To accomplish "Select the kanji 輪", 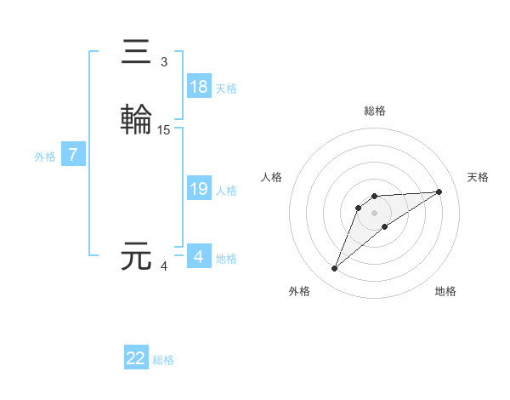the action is coord(136,118).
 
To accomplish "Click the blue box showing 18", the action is coord(199,87).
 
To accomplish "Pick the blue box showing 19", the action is coord(199,189).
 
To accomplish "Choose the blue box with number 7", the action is coord(73,155).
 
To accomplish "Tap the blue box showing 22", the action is coord(136,358).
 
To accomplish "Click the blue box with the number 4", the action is coord(199,257).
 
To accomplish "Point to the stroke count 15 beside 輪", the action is coord(164,130).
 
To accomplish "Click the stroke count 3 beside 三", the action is coord(164,62).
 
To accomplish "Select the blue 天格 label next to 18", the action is coord(226,89).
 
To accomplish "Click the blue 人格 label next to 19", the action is coord(226,191).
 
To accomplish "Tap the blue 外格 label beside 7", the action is coord(45,157).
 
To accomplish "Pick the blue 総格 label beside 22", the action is coord(163,360).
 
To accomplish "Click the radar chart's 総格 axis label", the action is coord(375,111).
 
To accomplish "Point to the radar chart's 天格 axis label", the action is coord(479,177).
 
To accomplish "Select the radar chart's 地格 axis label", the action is coord(445,291).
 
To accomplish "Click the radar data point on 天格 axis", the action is coord(439,191).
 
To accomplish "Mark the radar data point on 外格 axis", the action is coord(335,269).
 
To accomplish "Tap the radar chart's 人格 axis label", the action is coord(272,177).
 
